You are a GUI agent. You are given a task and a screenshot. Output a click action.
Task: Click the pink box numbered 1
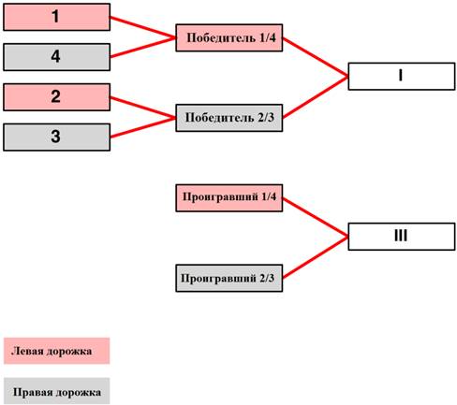pyautogui.click(x=57, y=17)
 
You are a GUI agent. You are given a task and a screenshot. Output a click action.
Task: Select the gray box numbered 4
pyautogui.click(x=57, y=57)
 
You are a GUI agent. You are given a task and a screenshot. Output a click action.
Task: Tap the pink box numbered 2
pyautogui.click(x=57, y=97)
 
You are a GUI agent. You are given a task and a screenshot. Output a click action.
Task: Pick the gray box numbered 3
pyautogui.click(x=57, y=137)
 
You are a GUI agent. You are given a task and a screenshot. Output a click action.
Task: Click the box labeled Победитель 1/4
pyautogui.click(x=229, y=37)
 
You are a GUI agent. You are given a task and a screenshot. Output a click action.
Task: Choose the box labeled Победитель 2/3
pyautogui.click(x=229, y=118)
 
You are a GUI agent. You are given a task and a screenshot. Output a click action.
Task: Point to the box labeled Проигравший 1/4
pyautogui.click(x=229, y=198)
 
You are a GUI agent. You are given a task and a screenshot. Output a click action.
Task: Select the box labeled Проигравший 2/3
pyautogui.click(x=229, y=278)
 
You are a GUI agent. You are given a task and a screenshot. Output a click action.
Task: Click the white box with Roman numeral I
pyautogui.click(x=402, y=77)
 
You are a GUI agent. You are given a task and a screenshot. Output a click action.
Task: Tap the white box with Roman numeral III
pyautogui.click(x=402, y=237)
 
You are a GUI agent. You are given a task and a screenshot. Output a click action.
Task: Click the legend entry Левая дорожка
pyautogui.click(x=57, y=351)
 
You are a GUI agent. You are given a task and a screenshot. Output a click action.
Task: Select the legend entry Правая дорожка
pyautogui.click(x=57, y=391)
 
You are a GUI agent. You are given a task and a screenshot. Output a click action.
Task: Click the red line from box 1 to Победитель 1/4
pyautogui.click(x=143, y=27)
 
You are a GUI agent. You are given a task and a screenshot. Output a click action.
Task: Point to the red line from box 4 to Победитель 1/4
pyautogui.click(x=143, y=48)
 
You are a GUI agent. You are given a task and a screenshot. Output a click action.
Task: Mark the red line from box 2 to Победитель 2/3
pyautogui.click(x=143, y=108)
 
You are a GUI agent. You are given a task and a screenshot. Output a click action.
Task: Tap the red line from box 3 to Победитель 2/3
pyautogui.click(x=143, y=127)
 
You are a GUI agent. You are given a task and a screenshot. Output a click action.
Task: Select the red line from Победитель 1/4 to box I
pyautogui.click(x=316, y=57)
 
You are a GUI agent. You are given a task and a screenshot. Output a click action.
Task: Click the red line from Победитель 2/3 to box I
pyautogui.click(x=316, y=97)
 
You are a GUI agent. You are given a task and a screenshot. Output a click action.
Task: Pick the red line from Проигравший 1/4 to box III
pyautogui.click(x=316, y=217)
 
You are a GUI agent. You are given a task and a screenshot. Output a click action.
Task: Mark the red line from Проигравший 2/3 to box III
pyautogui.click(x=316, y=257)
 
